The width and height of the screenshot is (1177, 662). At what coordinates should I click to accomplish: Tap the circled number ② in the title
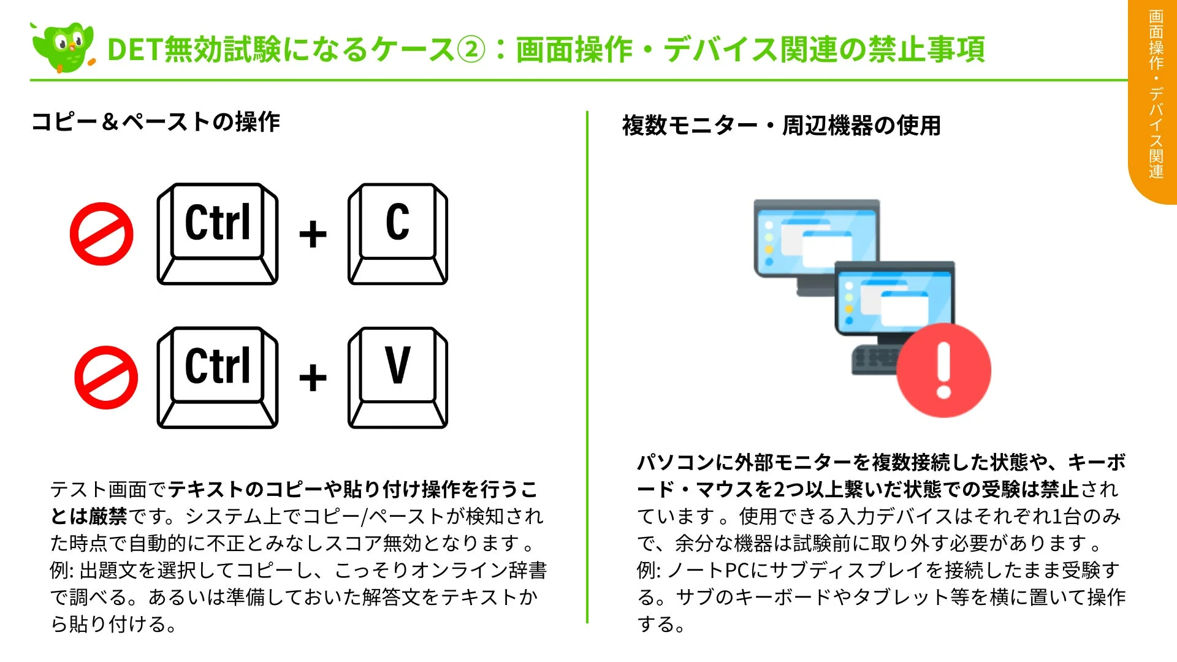click(x=471, y=50)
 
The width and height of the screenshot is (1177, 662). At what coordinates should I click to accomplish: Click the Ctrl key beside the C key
click(x=218, y=234)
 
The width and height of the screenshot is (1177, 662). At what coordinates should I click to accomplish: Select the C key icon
click(x=397, y=234)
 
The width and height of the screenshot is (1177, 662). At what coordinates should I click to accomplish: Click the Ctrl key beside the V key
click(x=218, y=377)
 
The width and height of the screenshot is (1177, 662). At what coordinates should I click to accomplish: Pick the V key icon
click(x=397, y=377)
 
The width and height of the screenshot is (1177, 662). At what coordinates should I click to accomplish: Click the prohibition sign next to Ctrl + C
click(x=101, y=234)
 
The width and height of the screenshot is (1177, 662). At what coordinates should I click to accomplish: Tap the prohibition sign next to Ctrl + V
click(x=105, y=377)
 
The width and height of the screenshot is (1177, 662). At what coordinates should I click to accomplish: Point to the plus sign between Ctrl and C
click(x=313, y=234)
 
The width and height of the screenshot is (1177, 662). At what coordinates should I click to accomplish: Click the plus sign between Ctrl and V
click(x=313, y=378)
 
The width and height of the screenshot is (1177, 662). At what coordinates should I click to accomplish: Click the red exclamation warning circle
click(x=943, y=370)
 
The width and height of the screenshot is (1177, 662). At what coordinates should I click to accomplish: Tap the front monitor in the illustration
click(x=895, y=300)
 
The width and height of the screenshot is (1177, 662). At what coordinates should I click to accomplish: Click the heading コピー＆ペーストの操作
click(x=156, y=122)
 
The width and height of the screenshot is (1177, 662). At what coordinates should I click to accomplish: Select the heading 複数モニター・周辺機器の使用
click(x=781, y=126)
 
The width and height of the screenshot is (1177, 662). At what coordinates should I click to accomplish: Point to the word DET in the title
click(x=135, y=50)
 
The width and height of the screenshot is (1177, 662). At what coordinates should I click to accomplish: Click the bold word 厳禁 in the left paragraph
click(x=108, y=517)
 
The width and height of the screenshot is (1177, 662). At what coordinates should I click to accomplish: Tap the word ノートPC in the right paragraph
click(x=705, y=571)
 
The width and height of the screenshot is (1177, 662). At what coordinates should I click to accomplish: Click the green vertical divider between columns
click(x=587, y=368)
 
